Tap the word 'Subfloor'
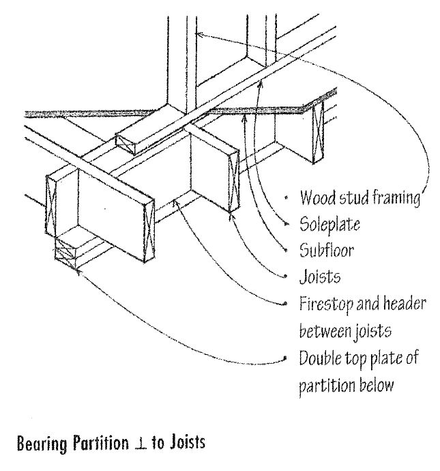click(325, 250)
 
